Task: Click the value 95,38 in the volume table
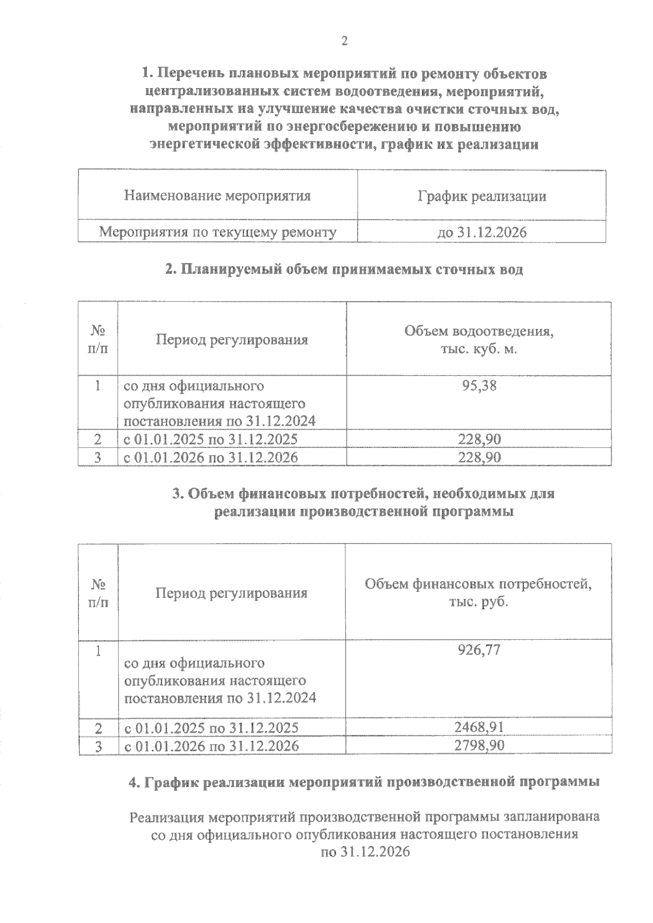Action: (x=479, y=386)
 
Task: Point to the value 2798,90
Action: (x=479, y=745)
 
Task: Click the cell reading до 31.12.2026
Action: (x=482, y=233)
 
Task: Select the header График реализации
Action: (x=482, y=196)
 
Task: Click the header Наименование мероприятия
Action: (x=218, y=196)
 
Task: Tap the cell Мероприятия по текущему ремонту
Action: (x=218, y=233)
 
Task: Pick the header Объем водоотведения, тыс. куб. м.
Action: (x=479, y=340)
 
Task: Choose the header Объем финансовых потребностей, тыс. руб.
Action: (x=478, y=593)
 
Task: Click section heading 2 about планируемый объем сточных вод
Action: (x=344, y=270)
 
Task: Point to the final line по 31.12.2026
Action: (x=365, y=852)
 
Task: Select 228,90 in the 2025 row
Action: (x=479, y=439)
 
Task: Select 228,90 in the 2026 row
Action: (x=479, y=457)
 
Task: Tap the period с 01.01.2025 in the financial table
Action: (x=212, y=728)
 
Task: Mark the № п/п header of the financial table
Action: (x=98, y=593)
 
